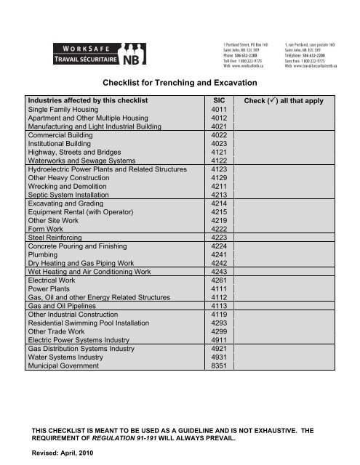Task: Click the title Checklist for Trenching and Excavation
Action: pyautogui.click(x=180, y=84)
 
